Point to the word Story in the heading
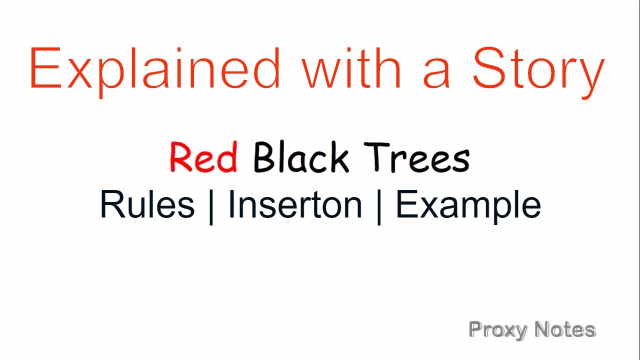point(538,70)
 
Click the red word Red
point(203,157)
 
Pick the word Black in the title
point(300,157)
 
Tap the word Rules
point(147,204)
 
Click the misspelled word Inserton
point(295,204)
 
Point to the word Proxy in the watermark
point(497,330)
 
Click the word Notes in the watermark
point(564,329)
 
